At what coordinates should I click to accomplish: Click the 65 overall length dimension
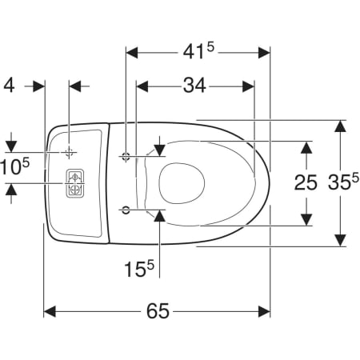158,310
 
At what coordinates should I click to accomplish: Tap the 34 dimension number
194,86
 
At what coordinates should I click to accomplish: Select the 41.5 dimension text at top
198,51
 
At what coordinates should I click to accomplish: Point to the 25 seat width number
306,183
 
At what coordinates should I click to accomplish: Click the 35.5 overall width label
343,182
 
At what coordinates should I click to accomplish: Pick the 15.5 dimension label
139,268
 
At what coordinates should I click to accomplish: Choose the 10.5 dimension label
15,167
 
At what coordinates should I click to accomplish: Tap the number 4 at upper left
10,86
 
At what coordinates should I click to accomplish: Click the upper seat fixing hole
126,156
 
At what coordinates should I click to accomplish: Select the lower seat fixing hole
126,210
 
